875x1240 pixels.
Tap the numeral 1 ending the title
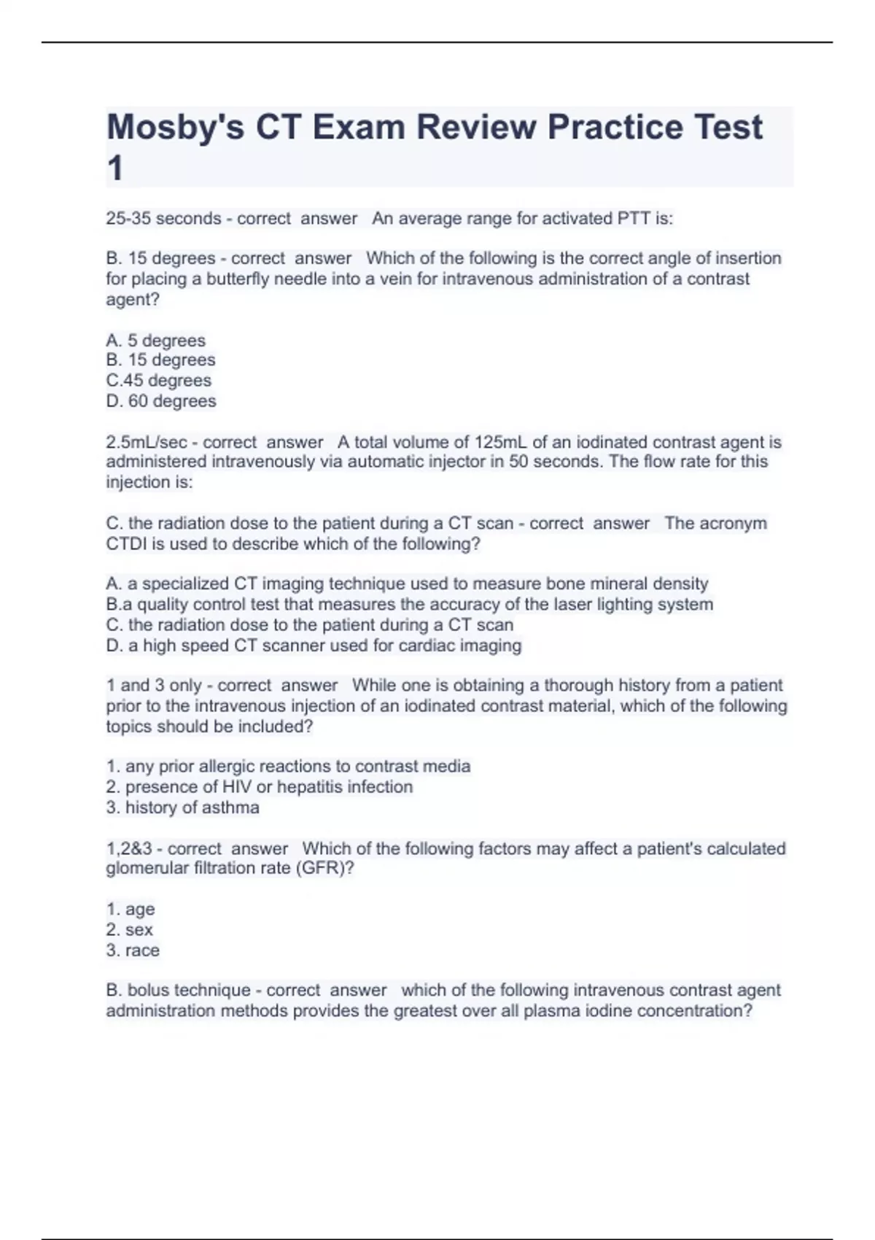pos(115,169)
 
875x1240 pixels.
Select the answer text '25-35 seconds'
pos(163,218)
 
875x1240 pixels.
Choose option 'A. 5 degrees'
pos(155,340)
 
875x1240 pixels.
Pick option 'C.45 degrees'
pos(158,380)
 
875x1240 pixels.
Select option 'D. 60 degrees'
pos(160,400)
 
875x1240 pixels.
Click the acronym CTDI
pos(128,543)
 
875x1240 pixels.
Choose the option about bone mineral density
pos(407,584)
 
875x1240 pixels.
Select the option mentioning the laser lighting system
pos(409,604)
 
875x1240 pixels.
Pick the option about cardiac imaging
pos(314,645)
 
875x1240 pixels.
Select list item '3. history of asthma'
pos(182,807)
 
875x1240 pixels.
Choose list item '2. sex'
pos(129,929)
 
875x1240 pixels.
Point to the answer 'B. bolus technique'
pos(178,990)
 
